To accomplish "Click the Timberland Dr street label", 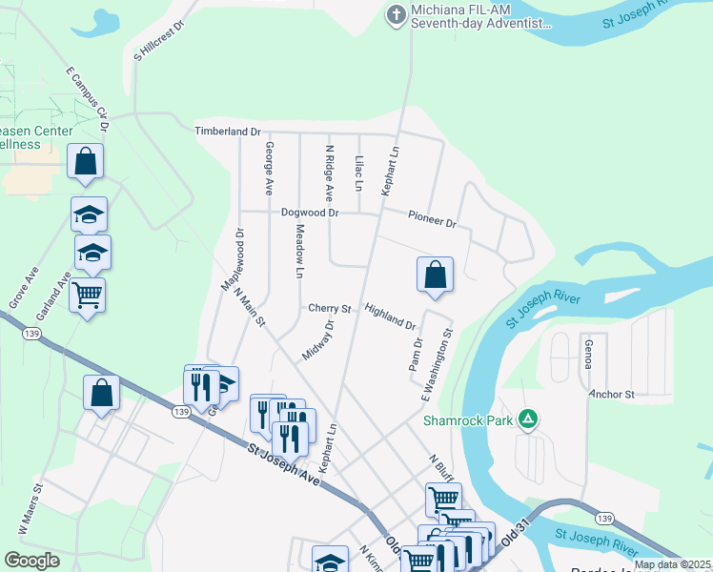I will (228, 131).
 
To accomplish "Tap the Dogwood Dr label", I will (310, 213).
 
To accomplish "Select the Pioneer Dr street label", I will (432, 219).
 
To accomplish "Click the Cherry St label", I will (330, 308).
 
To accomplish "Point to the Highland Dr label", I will (391, 317).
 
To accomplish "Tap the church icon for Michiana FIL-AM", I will (396, 15).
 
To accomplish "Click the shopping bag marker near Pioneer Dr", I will (434, 275).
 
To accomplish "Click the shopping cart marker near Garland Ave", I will (87, 296).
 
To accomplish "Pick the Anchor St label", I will (611, 394).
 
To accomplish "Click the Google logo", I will (32, 561).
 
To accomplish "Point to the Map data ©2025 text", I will (671, 564).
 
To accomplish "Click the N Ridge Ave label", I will (330, 173).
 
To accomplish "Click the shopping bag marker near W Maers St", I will (102, 394).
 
